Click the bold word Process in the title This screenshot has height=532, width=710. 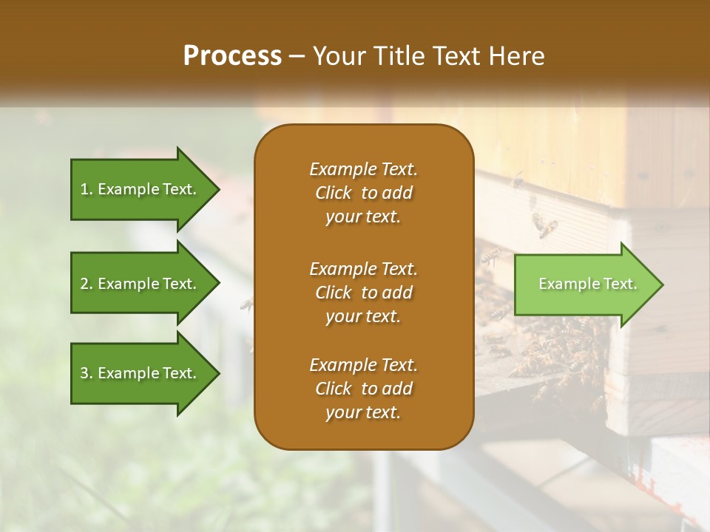[x=232, y=56]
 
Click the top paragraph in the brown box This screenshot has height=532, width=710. [x=363, y=193]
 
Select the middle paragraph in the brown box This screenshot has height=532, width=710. [x=363, y=293]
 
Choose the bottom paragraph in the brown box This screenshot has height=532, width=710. [x=363, y=389]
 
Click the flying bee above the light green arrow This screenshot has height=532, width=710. [x=546, y=225]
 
